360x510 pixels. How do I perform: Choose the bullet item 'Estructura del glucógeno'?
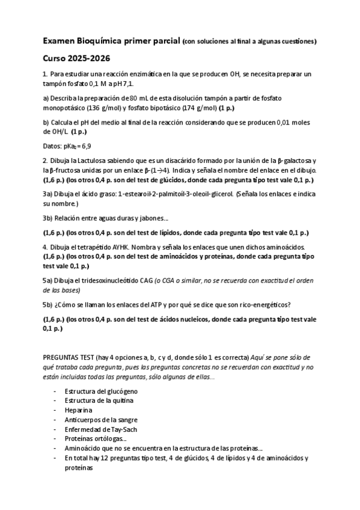coord(97,391)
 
